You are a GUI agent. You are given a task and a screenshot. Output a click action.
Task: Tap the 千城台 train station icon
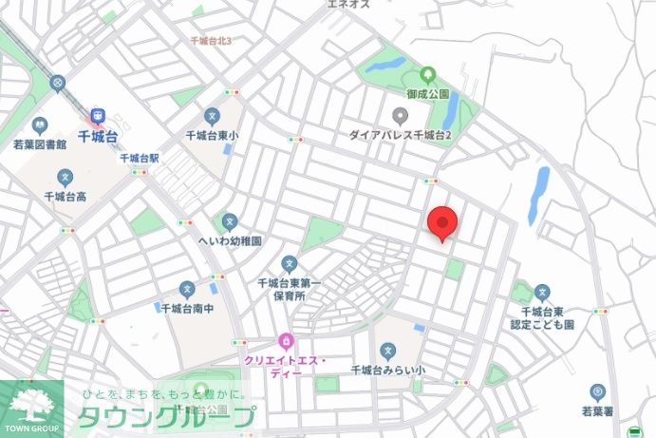(98, 117)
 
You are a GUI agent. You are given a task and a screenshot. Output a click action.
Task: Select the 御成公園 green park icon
(426, 74)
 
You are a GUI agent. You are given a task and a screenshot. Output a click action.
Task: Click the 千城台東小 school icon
(213, 116)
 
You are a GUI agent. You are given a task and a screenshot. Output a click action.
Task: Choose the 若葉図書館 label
(40, 145)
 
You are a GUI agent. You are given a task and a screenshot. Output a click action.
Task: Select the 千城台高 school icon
(66, 177)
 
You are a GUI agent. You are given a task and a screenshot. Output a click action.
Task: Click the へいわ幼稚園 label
(229, 241)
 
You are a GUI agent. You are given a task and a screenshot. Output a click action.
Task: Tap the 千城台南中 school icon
(187, 289)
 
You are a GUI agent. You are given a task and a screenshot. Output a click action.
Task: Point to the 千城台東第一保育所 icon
(290, 264)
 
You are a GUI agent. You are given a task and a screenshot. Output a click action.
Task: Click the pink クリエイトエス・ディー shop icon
(284, 341)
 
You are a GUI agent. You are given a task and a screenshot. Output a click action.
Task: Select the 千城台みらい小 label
(386, 369)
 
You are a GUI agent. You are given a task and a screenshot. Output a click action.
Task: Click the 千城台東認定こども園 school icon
(542, 292)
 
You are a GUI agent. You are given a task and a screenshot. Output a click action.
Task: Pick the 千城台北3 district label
(212, 41)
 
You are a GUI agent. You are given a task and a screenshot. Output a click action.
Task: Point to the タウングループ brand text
(166, 416)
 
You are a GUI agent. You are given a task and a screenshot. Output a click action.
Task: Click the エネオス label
(347, 5)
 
